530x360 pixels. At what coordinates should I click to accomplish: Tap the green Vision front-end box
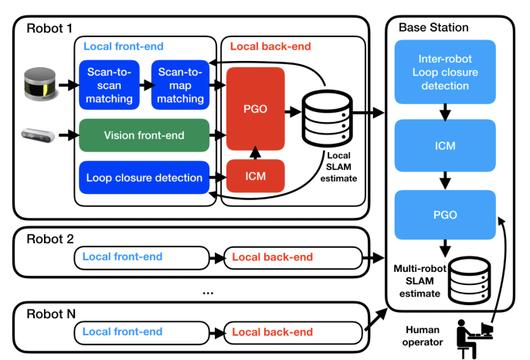144,135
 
